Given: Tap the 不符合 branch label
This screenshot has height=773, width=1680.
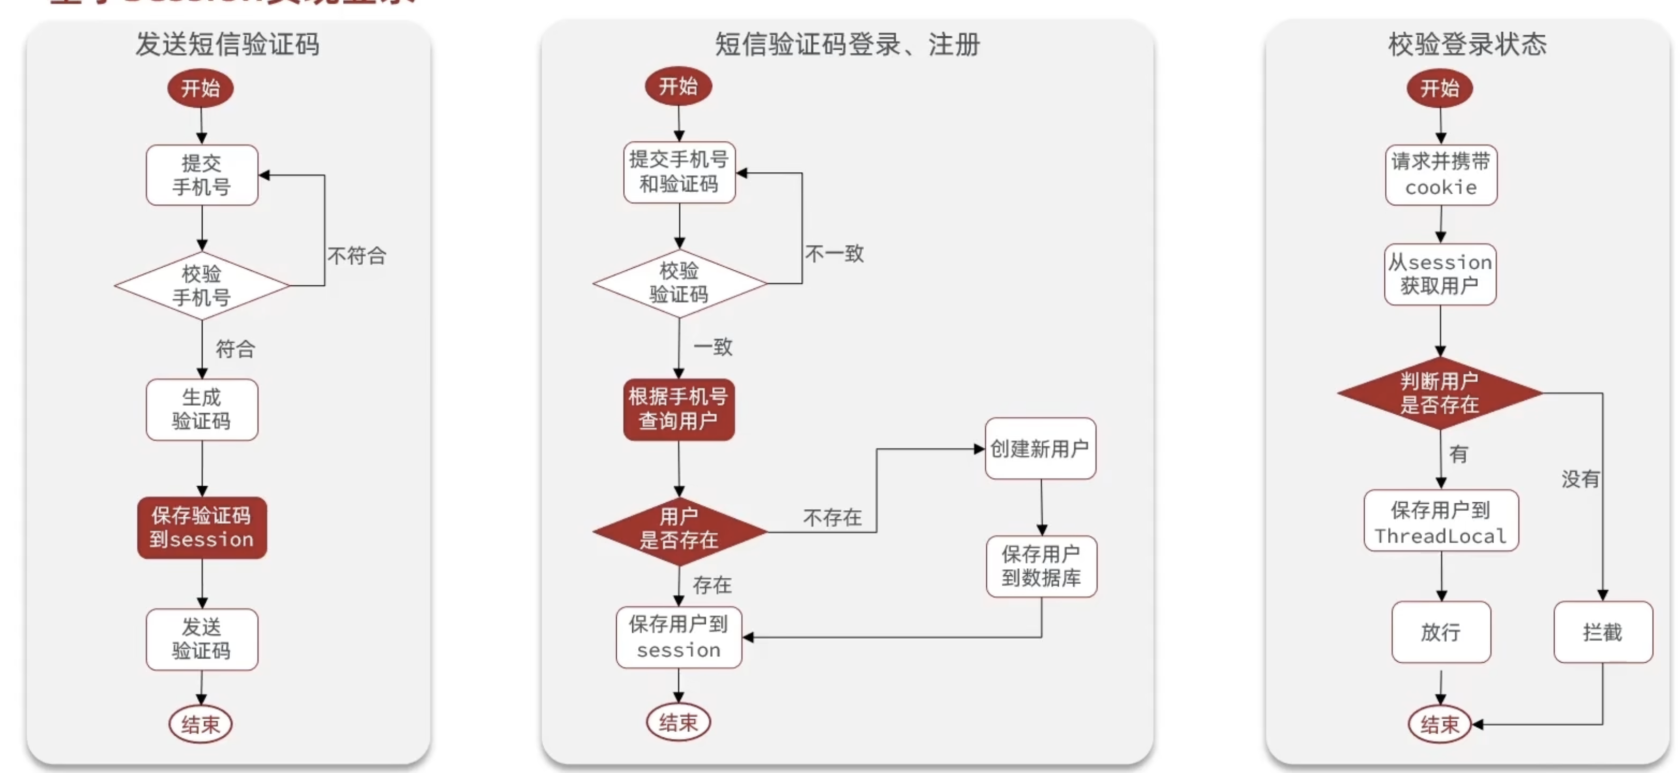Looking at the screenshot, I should pos(357,256).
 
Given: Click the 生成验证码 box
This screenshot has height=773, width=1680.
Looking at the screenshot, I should pos(202,409).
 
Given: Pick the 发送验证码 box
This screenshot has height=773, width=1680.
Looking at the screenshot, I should pos(202,639).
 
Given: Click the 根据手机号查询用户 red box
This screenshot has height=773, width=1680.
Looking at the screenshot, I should pos(678,409).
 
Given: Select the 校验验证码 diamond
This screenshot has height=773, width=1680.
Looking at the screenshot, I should pos(679,283).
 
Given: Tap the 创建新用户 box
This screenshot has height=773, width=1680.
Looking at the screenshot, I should pos(1040,449).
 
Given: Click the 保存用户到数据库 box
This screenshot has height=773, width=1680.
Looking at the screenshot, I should pos(1041,566).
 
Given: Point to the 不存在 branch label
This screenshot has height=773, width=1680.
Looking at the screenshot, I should pos(832,518).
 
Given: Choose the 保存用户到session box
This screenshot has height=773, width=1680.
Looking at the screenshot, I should pos(678,637).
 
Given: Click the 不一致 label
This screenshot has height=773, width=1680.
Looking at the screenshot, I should pos(834,254).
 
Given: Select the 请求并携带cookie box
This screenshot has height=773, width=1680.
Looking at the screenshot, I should pos(1441,175).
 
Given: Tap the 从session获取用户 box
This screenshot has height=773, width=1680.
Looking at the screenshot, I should pos(1440,274).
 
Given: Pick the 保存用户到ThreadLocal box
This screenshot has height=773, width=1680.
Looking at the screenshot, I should pos(1441,520).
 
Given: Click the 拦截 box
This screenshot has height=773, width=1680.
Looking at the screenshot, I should pos(1603,632).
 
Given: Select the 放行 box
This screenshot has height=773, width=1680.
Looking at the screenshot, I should pos(1441,632).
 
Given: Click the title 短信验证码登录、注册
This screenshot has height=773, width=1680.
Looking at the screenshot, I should pos(847,44).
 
